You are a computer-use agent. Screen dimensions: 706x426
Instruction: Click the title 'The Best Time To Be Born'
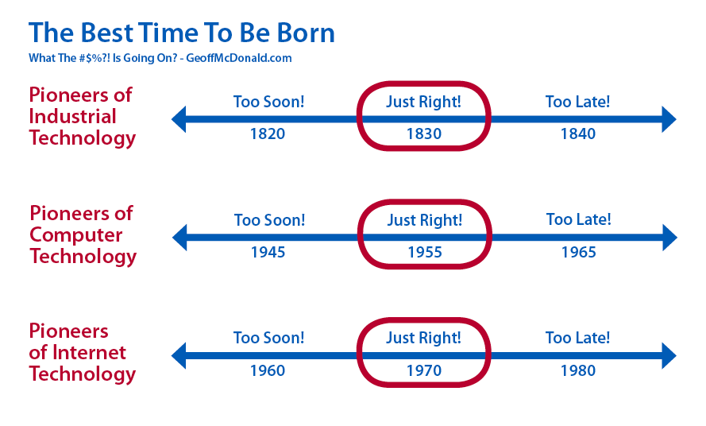182,33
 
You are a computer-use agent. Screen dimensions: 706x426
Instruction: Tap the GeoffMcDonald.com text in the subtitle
238,58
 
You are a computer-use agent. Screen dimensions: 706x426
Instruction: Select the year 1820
268,134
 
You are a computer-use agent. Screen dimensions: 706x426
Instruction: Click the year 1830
424,134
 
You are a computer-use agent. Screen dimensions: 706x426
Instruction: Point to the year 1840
577,134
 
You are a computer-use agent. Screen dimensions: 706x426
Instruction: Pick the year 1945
268,253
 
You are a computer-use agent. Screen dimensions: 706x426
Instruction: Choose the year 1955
425,253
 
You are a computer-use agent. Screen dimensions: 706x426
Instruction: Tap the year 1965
579,253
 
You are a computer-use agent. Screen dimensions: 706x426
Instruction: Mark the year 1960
268,370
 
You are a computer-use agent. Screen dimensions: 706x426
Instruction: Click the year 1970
424,370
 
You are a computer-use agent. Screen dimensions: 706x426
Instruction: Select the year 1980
577,370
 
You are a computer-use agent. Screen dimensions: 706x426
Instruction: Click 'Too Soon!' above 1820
268,102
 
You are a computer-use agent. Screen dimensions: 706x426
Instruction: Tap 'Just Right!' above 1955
425,220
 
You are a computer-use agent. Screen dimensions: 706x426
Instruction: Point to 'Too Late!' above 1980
577,338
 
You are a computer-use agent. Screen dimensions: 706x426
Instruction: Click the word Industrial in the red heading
72,116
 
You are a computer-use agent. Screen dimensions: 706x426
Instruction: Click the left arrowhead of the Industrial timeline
179,119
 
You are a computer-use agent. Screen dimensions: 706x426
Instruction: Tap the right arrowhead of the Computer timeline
669,238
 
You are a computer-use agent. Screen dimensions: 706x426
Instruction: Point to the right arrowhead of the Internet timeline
669,356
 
